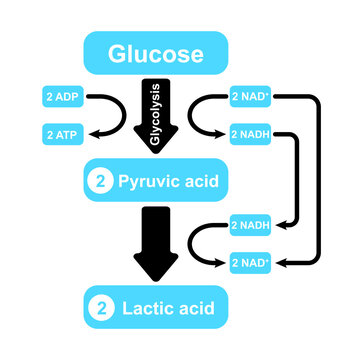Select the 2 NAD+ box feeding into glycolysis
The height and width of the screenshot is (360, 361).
[251, 97]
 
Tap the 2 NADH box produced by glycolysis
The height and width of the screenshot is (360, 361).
[251, 132]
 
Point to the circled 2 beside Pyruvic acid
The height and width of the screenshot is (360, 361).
[98, 182]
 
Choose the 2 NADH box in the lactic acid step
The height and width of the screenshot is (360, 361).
[251, 225]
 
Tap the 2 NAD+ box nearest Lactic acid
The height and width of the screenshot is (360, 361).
[251, 262]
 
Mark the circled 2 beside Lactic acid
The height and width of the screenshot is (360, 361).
[98, 305]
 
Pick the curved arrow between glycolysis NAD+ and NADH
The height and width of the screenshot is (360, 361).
[203, 115]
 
